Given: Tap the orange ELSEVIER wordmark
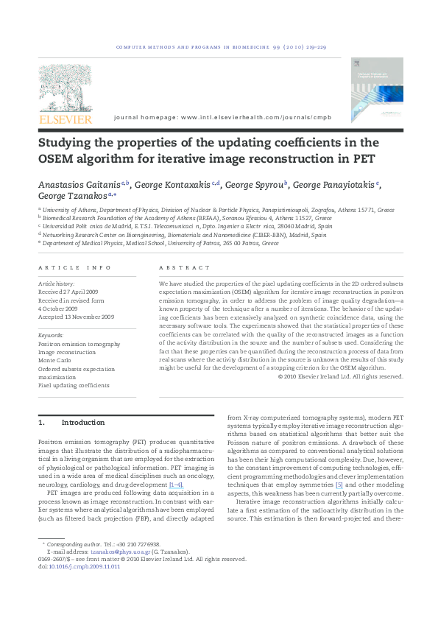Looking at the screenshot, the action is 66,119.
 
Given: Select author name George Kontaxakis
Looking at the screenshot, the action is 172,185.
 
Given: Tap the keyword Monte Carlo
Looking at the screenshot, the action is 56,360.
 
